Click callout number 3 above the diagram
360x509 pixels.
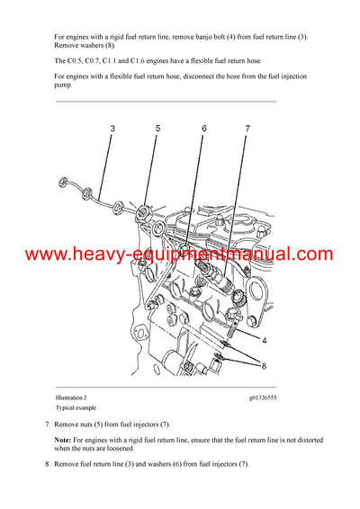click(x=112, y=129)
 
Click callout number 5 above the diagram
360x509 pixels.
click(x=157, y=129)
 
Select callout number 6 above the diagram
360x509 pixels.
click(x=204, y=129)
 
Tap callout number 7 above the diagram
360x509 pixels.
click(x=247, y=129)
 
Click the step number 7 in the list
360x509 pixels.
click(x=47, y=424)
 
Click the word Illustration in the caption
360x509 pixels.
click(x=69, y=397)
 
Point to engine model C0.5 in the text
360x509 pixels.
click(x=76, y=59)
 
